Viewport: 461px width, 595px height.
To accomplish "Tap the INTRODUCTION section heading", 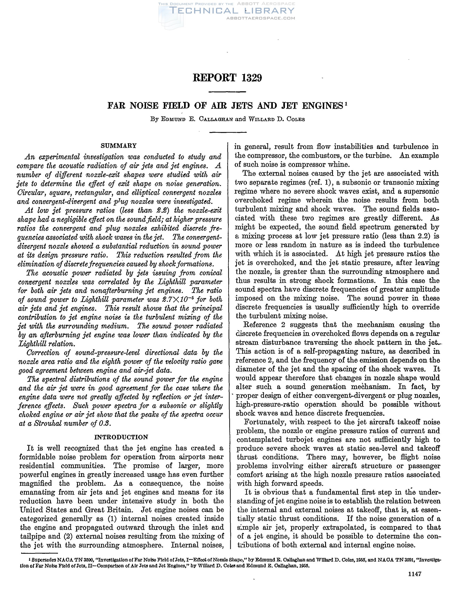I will pyautogui.click(x=121, y=437).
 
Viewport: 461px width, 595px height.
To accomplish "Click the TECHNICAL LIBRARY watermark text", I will pyautogui.click(x=232, y=11).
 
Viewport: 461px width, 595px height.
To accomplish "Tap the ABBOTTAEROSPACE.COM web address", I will pyautogui.click(x=261, y=18).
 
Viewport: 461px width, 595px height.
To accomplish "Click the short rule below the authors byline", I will pyautogui.click(x=228, y=132).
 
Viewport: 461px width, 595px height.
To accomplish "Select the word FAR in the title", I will pyautogui.click(x=117, y=105).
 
